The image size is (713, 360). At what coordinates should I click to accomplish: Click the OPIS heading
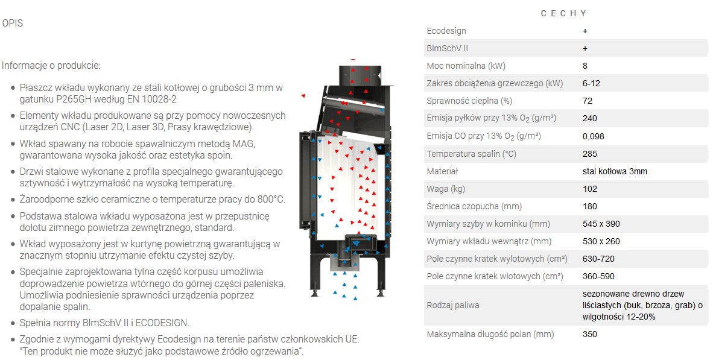point(12,23)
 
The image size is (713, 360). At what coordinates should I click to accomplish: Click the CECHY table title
point(563,14)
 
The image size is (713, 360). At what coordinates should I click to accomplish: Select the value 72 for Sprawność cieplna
point(588,101)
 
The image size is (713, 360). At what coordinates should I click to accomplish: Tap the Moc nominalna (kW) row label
point(466,66)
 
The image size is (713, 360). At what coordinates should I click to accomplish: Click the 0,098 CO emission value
point(593,136)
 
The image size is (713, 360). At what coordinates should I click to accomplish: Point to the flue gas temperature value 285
point(590,154)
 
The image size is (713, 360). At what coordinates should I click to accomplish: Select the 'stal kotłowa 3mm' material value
point(615,171)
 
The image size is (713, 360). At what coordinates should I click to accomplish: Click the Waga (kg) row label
point(446,189)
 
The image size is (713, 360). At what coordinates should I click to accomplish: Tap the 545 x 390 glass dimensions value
point(601,224)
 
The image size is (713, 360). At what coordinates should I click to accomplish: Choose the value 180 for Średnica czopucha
point(590,206)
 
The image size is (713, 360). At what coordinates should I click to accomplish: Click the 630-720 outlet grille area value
point(598,259)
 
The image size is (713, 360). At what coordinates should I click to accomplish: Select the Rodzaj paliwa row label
point(453,306)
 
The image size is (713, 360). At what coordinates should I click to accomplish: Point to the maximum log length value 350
point(590,335)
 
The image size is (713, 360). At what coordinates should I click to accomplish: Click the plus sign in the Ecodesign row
point(585,31)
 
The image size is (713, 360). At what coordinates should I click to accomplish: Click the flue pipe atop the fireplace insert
point(360,75)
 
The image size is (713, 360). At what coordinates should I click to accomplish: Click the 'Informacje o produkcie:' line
point(51,66)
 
